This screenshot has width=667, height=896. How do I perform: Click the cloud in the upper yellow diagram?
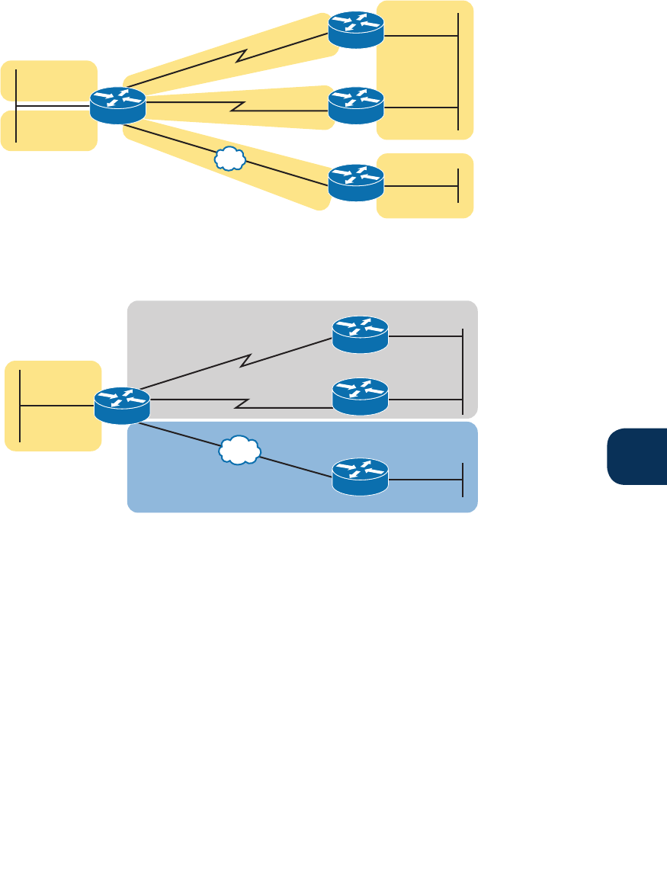229,158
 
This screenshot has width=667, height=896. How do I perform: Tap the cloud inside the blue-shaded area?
239,451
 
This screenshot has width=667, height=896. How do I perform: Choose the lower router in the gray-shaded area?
361,397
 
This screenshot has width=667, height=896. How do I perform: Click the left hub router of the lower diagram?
122,406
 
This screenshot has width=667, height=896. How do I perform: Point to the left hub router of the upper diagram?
117,105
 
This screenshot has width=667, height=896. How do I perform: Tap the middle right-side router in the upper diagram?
356,106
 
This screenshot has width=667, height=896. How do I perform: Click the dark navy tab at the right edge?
637,455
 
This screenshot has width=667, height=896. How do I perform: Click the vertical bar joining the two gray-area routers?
463,371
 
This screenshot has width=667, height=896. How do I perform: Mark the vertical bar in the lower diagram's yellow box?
20,406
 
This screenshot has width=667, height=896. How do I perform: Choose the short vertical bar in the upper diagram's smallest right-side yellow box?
459,185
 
